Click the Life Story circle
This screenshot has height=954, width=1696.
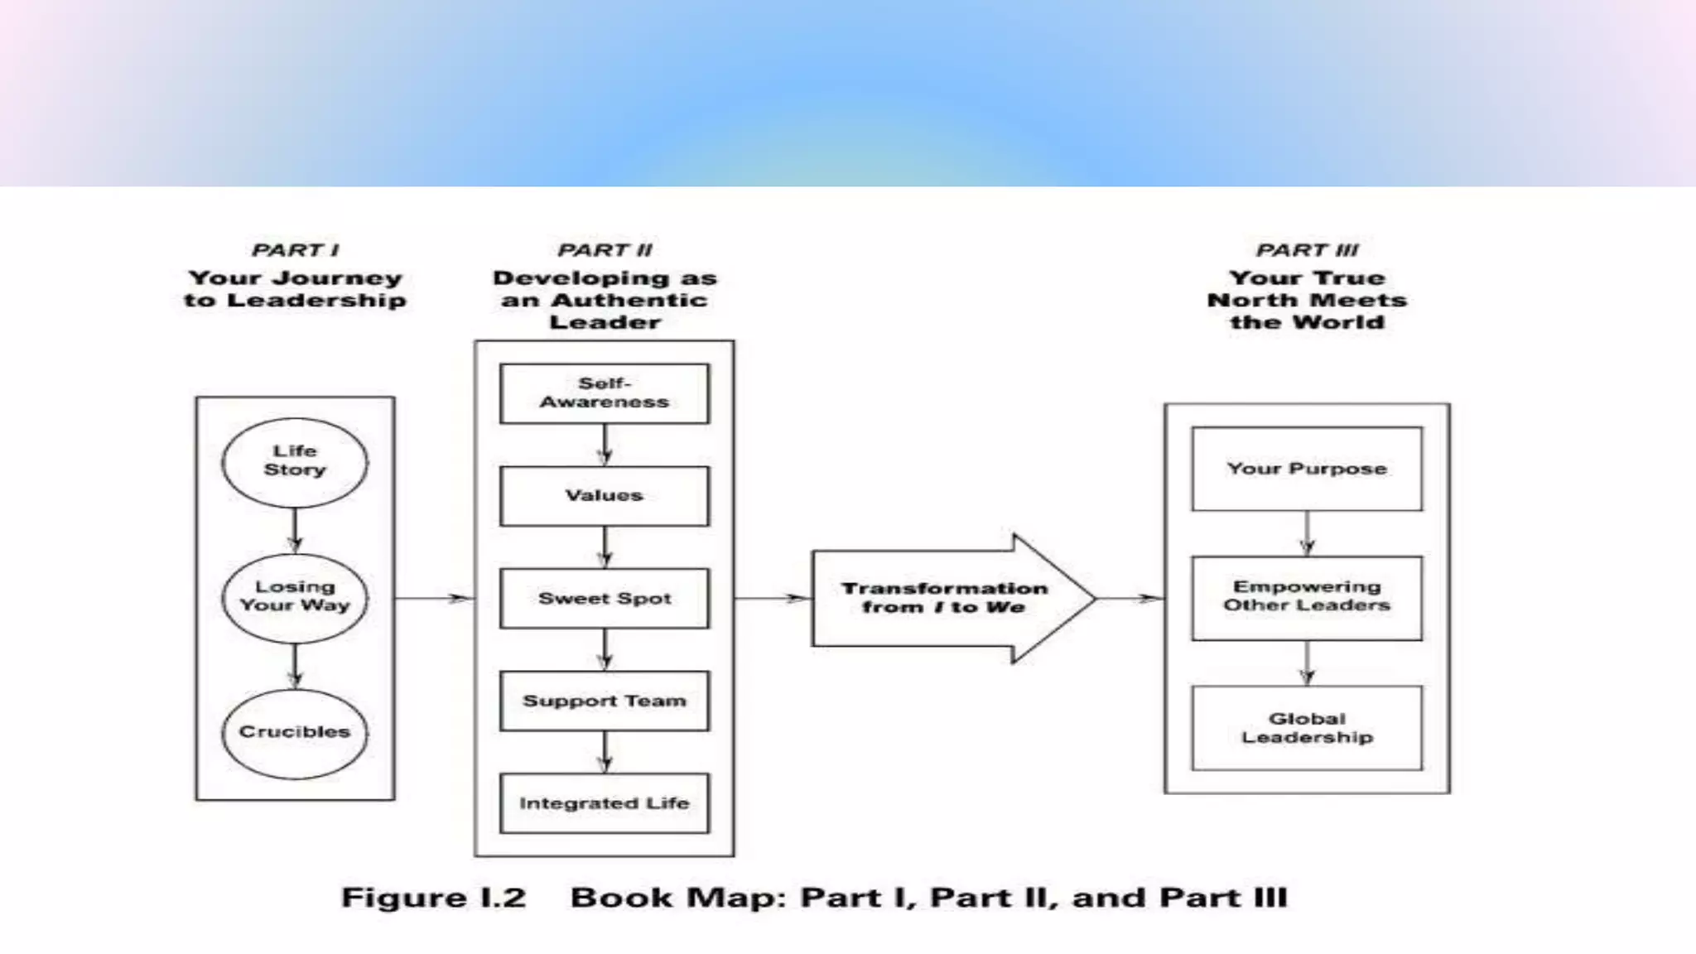click(x=295, y=462)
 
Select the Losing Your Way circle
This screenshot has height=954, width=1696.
click(x=295, y=597)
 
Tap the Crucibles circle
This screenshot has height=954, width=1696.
click(x=295, y=733)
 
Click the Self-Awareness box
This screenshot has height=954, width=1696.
click(x=605, y=393)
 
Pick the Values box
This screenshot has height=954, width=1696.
click(x=605, y=495)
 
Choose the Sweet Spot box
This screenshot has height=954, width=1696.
click(x=605, y=598)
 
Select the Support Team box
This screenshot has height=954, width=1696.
click(x=605, y=701)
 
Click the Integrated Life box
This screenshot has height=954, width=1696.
click(x=605, y=802)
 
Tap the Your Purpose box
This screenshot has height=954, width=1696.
click(x=1307, y=469)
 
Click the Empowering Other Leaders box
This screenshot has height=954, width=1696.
click(x=1307, y=597)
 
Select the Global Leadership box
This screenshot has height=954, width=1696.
click(x=1307, y=728)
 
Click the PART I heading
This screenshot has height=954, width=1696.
click(x=295, y=250)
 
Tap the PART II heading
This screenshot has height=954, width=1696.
click(x=605, y=250)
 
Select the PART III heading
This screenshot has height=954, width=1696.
click(x=1307, y=250)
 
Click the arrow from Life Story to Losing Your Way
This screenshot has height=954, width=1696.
click(x=295, y=531)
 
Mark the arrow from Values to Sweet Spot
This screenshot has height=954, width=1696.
click(x=605, y=547)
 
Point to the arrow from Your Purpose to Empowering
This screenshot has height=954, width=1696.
click(x=1307, y=533)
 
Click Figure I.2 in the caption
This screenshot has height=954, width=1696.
click(x=433, y=898)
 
